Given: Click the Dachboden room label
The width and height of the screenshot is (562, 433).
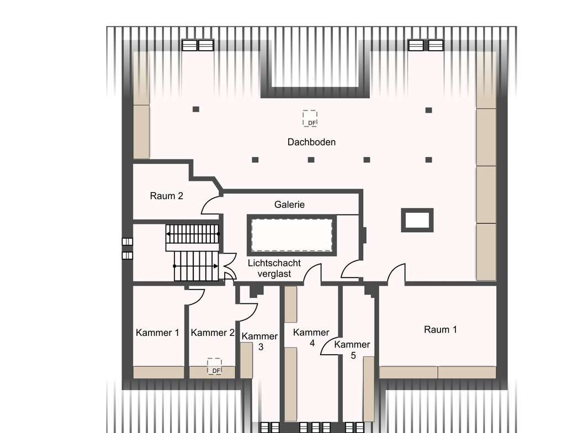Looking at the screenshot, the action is click(311, 142).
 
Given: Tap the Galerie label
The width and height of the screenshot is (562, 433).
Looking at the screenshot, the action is click(289, 205).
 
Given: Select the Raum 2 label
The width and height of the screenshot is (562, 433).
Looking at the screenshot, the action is click(166, 196).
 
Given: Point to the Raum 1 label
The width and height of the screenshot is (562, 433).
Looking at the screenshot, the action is click(441, 329).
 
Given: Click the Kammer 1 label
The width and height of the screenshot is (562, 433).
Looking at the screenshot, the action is click(157, 333).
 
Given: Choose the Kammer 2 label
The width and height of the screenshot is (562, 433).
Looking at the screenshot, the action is click(213, 333).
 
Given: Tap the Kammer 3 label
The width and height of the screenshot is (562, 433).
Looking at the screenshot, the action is click(260, 341).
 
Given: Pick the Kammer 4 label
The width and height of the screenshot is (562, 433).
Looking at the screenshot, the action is click(311, 338).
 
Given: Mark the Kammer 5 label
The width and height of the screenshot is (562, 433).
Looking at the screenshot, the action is click(352, 350).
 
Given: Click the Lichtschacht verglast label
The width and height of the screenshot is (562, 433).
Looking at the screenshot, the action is click(274, 268).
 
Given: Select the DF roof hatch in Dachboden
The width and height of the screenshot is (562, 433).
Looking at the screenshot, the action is click(310, 118).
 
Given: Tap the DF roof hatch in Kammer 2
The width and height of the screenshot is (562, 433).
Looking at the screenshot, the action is click(214, 366).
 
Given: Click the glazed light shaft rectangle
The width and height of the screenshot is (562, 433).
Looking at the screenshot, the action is click(291, 235).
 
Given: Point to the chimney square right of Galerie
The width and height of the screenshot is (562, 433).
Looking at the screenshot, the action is click(417, 220).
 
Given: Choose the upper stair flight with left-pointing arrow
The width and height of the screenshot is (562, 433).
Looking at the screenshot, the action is click(193, 234).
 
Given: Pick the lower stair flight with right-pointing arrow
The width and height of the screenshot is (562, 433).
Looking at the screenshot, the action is click(196, 266).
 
